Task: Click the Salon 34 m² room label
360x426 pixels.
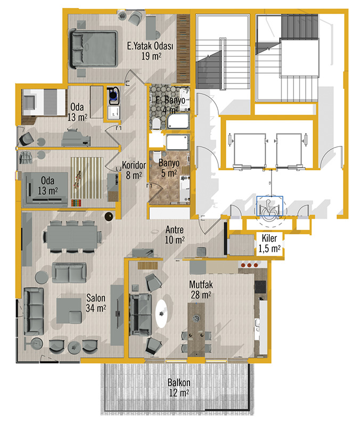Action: pyautogui.click(x=96, y=303)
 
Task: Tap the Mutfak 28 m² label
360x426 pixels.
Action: pyautogui.click(x=201, y=290)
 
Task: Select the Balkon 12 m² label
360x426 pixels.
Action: pyautogui.click(x=179, y=388)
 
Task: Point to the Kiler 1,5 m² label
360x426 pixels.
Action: pyautogui.click(x=269, y=243)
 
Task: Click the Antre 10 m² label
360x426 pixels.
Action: pyautogui.click(x=175, y=235)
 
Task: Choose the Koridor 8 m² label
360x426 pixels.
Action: pyautogui.click(x=134, y=170)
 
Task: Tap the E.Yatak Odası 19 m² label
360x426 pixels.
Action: pyautogui.click(x=150, y=51)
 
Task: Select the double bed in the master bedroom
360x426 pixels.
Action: pyautogui.click(x=94, y=49)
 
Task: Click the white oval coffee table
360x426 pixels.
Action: pyautogui.click(x=163, y=314)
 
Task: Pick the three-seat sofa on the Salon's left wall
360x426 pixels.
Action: pyautogui.click(x=34, y=312)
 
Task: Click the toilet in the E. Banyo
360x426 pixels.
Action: pyautogui.click(x=156, y=124)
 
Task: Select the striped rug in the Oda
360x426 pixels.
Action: pyautogui.click(x=87, y=178)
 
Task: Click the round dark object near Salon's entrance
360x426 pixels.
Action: pyautogui.click(x=109, y=216)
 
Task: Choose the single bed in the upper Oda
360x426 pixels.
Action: pyautogui.click(x=44, y=102)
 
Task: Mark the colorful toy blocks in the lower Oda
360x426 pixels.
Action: pyautogui.click(x=76, y=203)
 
